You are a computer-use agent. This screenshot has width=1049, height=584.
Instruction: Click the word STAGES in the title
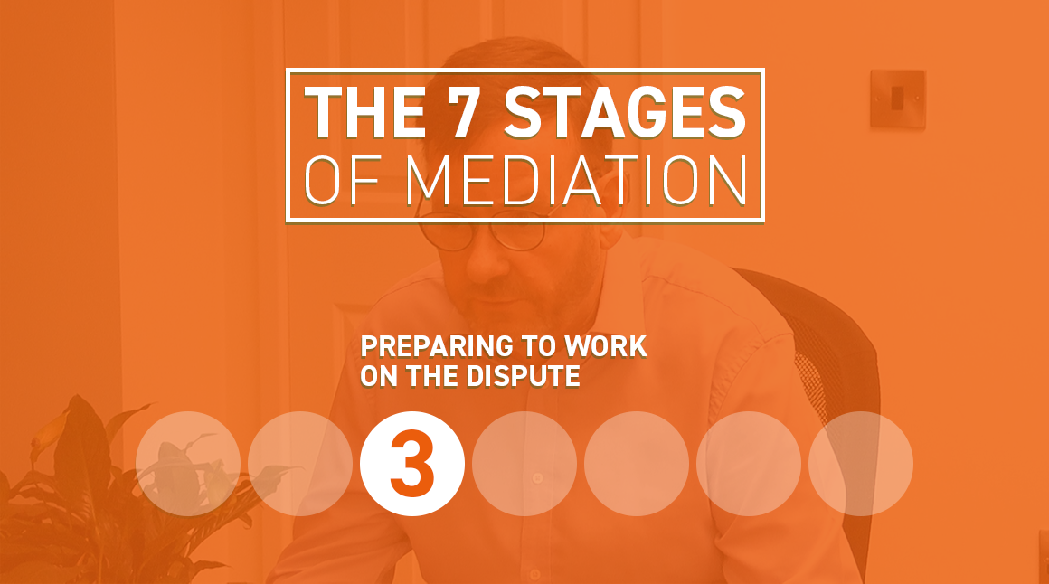625,113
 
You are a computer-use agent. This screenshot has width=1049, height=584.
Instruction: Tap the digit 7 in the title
463,113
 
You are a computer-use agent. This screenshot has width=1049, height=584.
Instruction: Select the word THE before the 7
365,113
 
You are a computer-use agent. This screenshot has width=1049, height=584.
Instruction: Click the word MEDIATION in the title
577,180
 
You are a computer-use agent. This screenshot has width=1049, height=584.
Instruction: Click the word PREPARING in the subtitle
437,346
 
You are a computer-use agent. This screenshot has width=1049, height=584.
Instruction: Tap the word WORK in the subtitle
606,346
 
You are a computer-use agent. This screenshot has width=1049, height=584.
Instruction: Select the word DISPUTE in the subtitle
524,376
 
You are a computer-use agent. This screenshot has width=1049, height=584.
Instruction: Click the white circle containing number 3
412,464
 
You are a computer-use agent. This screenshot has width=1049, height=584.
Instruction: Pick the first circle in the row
188,464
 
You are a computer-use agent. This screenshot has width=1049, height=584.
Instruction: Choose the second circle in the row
299,464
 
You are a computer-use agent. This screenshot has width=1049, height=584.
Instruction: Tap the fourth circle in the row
524,464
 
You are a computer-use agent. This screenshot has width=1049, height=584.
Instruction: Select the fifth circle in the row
637,464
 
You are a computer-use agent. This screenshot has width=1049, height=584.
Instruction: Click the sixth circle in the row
749,464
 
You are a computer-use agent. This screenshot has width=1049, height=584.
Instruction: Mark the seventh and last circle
861,464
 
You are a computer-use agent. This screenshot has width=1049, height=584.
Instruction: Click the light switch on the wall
898,99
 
